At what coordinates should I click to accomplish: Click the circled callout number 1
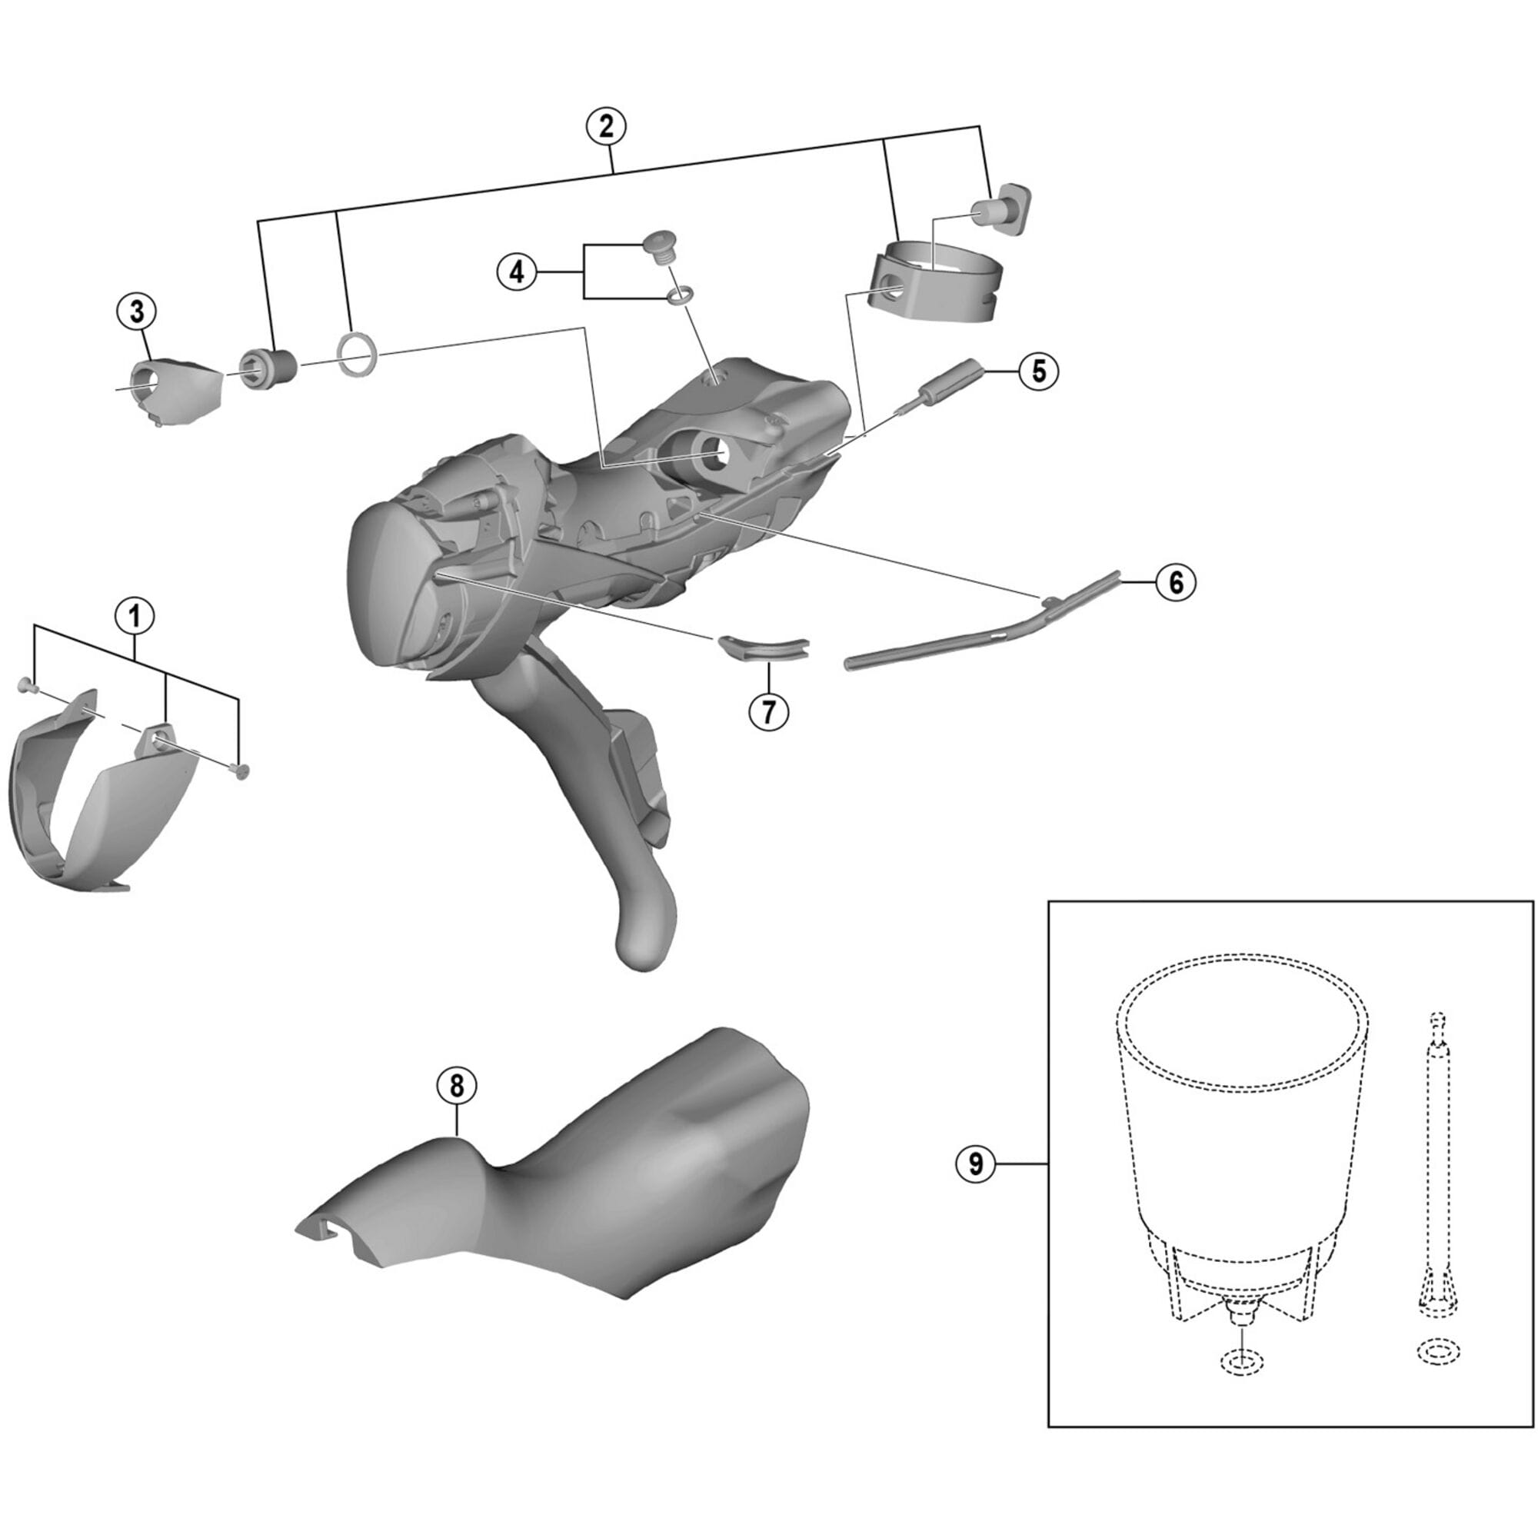[135, 615]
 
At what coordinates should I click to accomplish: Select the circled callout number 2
[607, 127]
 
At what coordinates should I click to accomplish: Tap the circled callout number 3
[137, 312]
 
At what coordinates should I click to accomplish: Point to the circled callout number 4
[518, 272]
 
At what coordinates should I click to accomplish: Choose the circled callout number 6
[1176, 582]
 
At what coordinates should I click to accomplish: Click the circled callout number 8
[456, 1086]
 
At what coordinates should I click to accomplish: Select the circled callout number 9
[976, 1163]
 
